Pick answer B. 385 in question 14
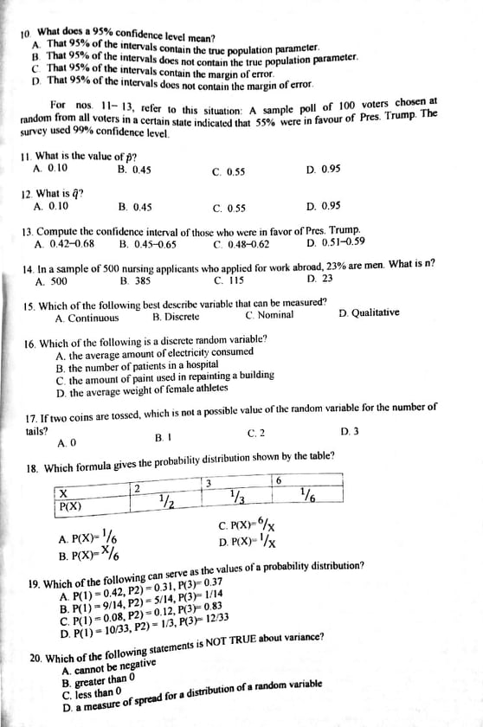(x=136, y=281)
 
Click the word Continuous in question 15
(x=93, y=318)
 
